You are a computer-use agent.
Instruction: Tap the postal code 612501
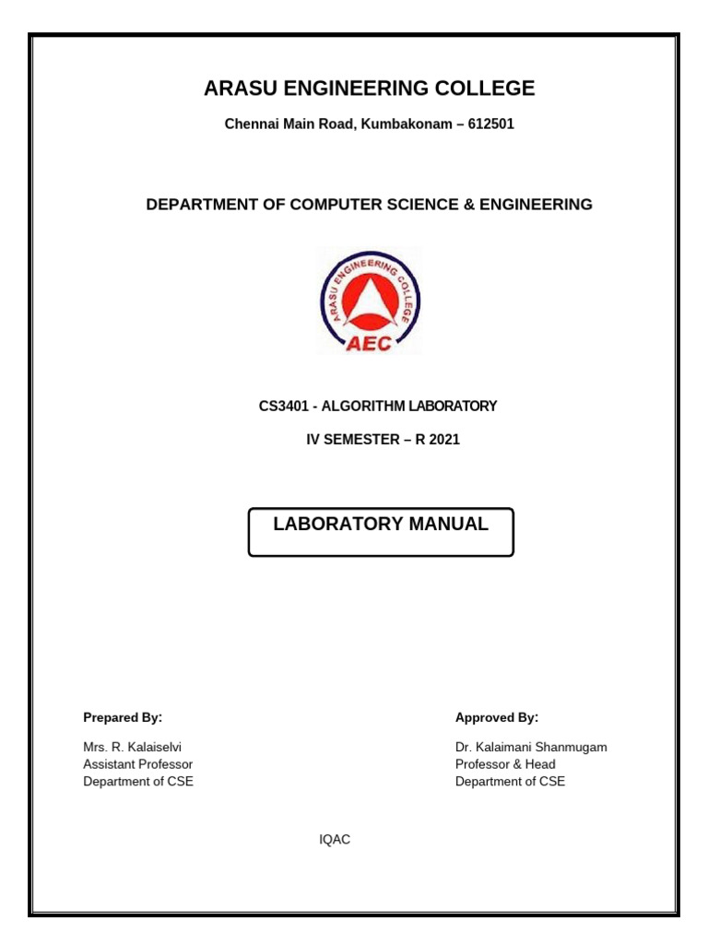[x=488, y=124]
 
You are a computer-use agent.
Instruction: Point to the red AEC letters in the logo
[x=368, y=342]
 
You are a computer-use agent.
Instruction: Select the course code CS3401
[x=283, y=407]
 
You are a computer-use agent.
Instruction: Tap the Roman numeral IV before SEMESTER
[x=313, y=440]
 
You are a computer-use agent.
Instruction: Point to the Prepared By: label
[x=123, y=717]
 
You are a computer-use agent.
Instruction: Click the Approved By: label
[x=497, y=717]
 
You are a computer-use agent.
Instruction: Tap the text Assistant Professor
[x=138, y=764]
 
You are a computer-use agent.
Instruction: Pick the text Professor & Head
[x=505, y=764]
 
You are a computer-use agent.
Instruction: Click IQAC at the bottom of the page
[x=335, y=840]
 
